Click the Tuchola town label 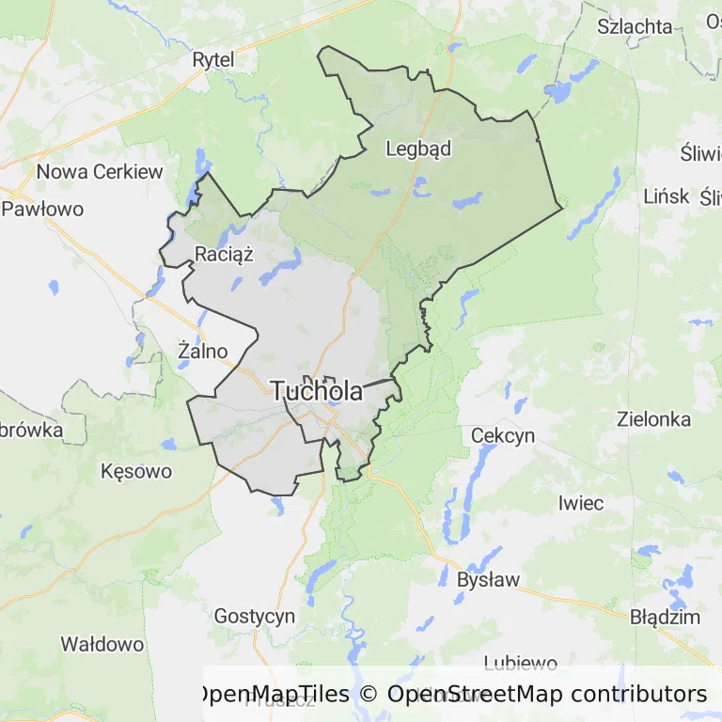point(317,391)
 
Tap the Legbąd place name point(418,149)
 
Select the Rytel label point(212,60)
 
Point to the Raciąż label point(224,252)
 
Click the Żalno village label point(202,351)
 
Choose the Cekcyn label point(502,435)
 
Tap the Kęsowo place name point(136,471)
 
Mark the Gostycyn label point(254,617)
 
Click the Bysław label point(487,579)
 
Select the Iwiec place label point(580,503)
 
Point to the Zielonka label point(653,419)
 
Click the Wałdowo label point(102,644)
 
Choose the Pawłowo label point(42,209)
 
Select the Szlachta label point(635,26)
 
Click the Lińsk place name point(666,196)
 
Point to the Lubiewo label point(520,664)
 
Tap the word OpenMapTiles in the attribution point(272,694)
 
